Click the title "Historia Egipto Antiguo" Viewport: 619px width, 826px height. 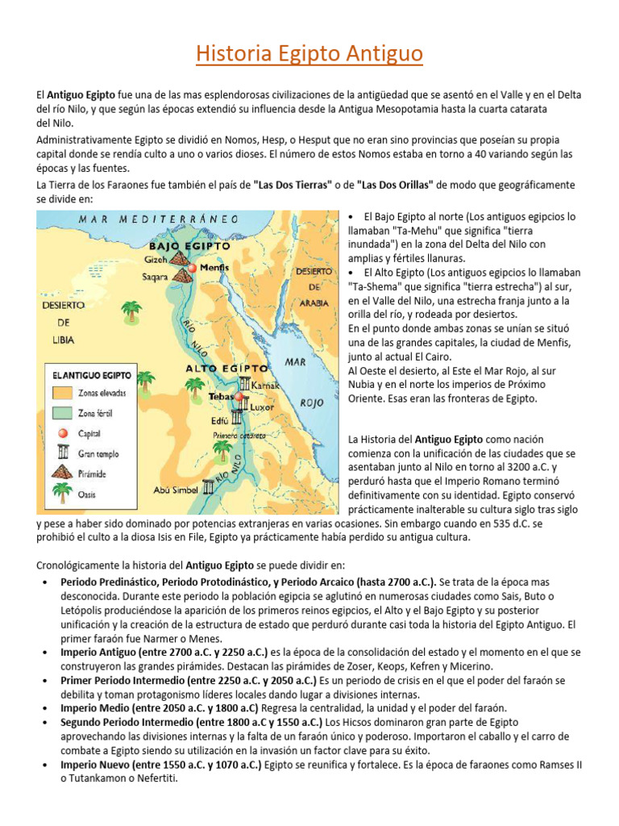(309, 55)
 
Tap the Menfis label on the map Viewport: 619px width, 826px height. (215, 267)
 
